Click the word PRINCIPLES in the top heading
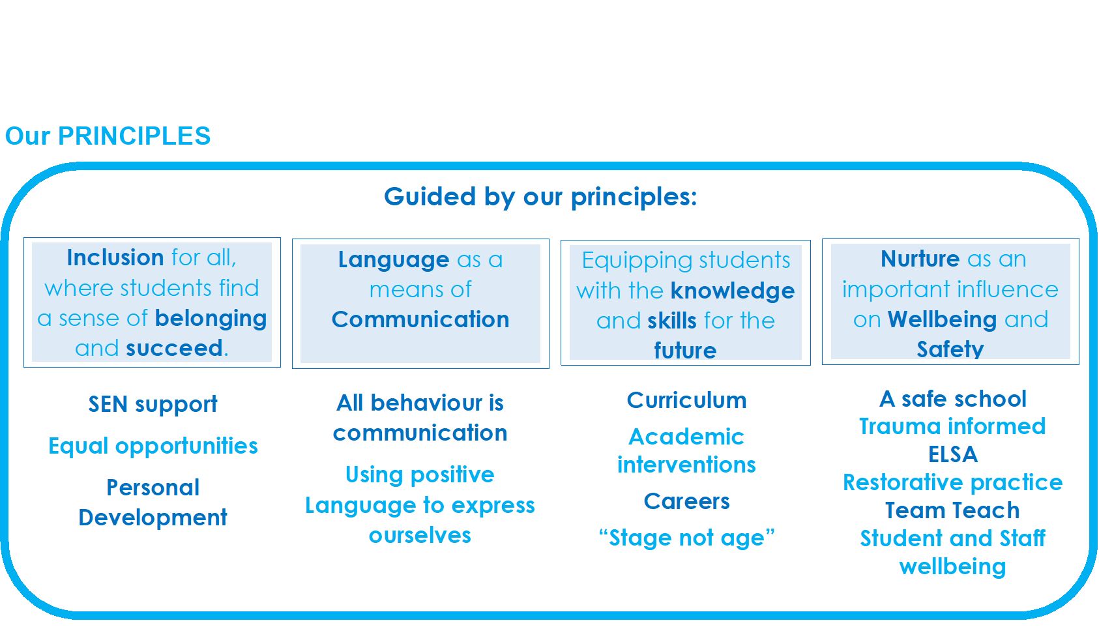(x=134, y=136)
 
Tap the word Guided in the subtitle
(x=430, y=197)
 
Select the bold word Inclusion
(x=115, y=257)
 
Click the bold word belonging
(x=211, y=319)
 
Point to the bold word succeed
(x=174, y=348)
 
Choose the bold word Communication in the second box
(x=420, y=319)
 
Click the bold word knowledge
(x=733, y=291)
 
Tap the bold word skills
(x=672, y=321)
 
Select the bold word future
(x=685, y=350)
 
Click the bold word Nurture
(x=920, y=259)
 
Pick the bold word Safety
(x=950, y=349)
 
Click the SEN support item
(x=153, y=405)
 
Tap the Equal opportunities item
(x=153, y=446)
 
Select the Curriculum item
(x=687, y=400)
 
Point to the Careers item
(x=687, y=501)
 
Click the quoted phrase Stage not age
(x=687, y=538)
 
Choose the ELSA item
(x=953, y=454)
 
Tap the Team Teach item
(x=953, y=511)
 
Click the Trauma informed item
(x=953, y=426)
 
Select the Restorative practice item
(x=953, y=483)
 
